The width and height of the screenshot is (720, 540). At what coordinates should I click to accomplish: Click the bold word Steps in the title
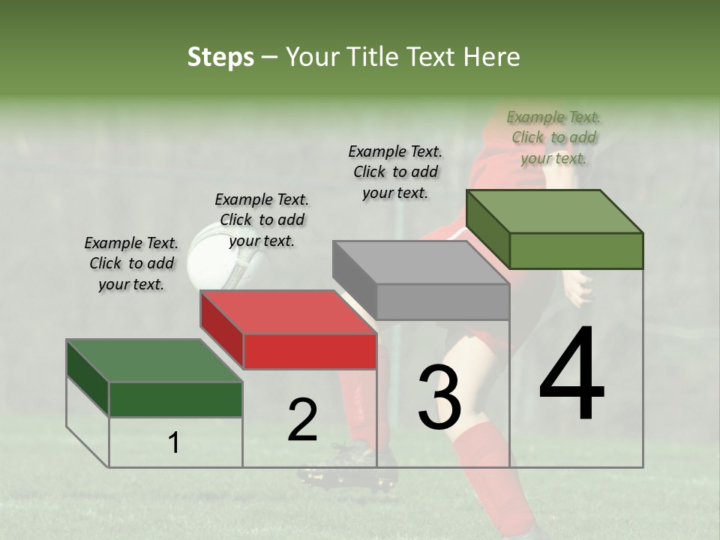click(x=220, y=57)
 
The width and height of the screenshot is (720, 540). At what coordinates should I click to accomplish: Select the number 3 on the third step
click(x=439, y=397)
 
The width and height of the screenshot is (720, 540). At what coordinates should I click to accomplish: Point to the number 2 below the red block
click(x=302, y=419)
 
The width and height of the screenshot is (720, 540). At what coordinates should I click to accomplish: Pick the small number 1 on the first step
click(x=174, y=443)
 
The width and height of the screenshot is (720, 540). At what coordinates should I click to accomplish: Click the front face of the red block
click(x=310, y=352)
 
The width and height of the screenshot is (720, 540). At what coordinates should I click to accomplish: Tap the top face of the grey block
click(x=420, y=262)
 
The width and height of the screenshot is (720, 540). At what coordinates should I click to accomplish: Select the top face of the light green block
click(x=555, y=211)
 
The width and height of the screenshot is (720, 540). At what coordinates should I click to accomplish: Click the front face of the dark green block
click(x=176, y=399)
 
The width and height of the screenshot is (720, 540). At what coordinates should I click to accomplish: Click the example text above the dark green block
click(x=131, y=264)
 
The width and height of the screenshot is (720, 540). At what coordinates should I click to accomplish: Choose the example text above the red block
click(x=262, y=220)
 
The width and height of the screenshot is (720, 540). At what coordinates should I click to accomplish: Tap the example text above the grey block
click(x=395, y=172)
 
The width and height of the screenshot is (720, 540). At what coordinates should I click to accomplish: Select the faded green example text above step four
click(x=553, y=137)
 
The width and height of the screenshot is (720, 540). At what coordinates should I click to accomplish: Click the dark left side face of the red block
click(x=221, y=330)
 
